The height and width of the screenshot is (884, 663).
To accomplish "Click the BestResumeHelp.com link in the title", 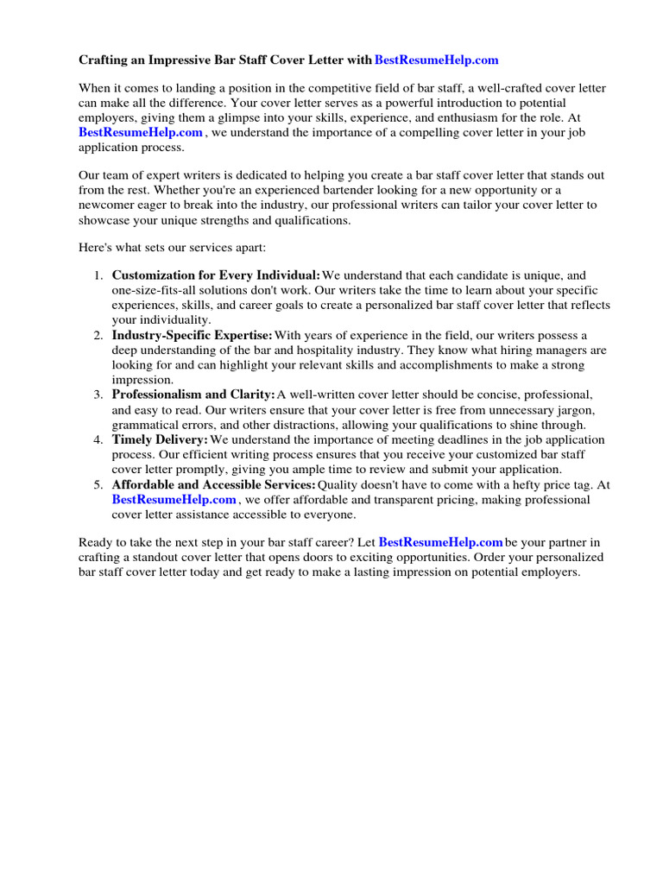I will [x=437, y=60].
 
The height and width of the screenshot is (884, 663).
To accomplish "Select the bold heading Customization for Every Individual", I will [x=216, y=275].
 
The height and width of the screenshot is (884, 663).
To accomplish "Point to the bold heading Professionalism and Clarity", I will [x=193, y=395].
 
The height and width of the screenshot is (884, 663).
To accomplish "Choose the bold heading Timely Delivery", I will [x=160, y=440].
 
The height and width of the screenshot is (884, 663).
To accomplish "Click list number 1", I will [x=98, y=275].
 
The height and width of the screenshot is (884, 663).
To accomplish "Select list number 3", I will [x=98, y=395].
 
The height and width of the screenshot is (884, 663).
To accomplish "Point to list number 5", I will [x=98, y=485].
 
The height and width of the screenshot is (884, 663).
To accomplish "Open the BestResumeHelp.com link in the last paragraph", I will [x=440, y=542].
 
